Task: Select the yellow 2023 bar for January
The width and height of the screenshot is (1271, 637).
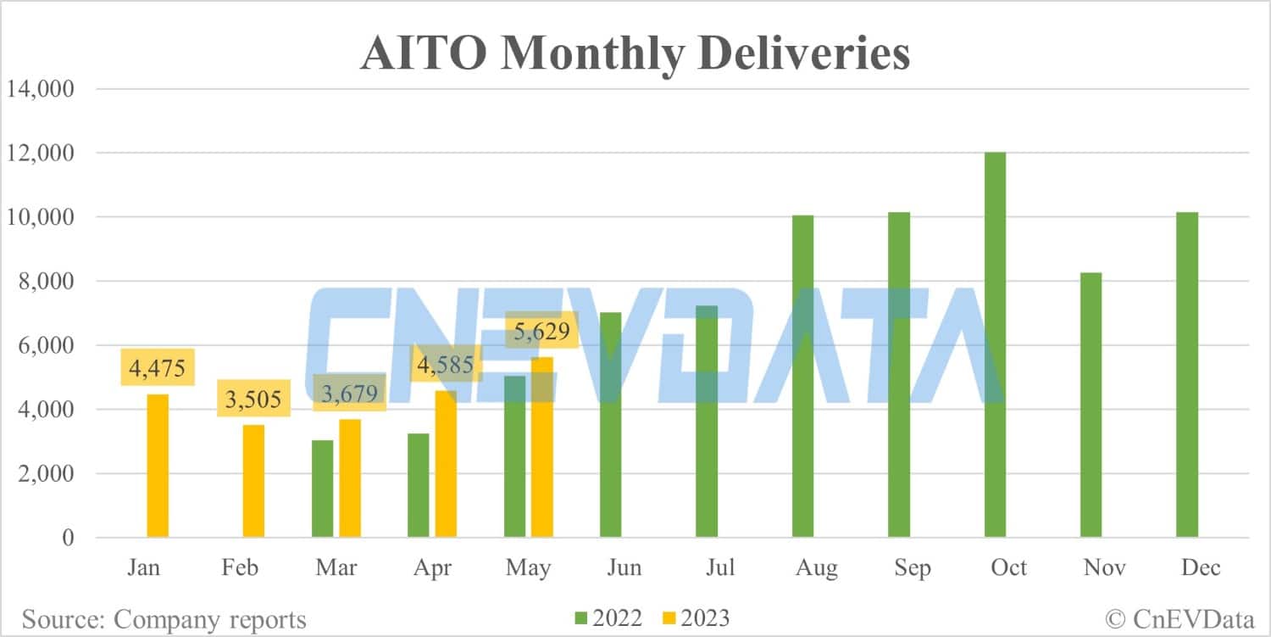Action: click(x=158, y=466)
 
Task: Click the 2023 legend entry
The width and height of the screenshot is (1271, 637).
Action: click(x=691, y=618)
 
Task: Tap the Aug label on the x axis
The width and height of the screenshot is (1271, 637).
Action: click(x=817, y=567)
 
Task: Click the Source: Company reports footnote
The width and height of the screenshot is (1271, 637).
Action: click(x=164, y=619)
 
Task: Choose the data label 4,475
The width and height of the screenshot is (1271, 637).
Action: click(x=158, y=367)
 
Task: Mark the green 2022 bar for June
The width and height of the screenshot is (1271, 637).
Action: click(x=610, y=425)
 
